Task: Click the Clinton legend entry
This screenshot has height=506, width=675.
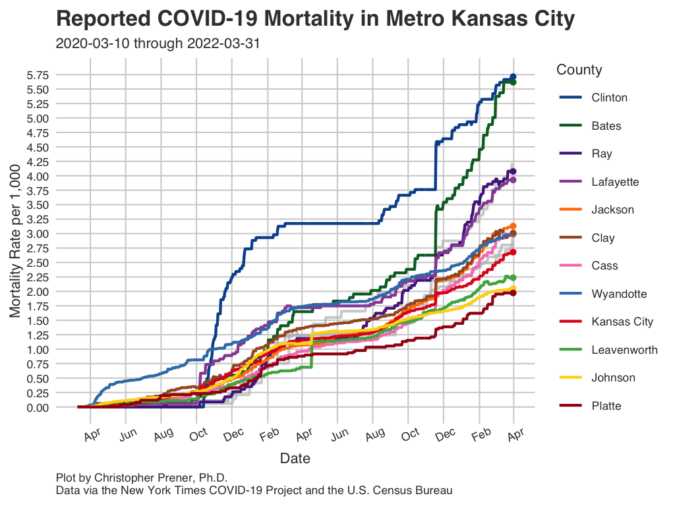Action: (x=609, y=98)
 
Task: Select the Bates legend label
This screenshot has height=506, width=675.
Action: (x=606, y=126)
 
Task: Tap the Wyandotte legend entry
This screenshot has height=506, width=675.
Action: (x=619, y=294)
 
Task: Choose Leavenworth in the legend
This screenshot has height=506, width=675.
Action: (x=624, y=350)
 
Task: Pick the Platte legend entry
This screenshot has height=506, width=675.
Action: (x=606, y=406)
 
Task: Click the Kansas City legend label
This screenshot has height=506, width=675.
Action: (x=622, y=322)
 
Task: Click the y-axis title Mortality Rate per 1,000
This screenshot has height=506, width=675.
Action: (x=16, y=241)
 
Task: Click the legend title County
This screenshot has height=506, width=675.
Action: (x=579, y=70)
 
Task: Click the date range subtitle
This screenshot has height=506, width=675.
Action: (x=158, y=44)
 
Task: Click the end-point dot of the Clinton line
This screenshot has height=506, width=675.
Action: (x=512, y=77)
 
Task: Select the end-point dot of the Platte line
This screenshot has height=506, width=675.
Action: (x=512, y=293)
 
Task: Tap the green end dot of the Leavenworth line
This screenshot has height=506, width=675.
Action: (x=512, y=277)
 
